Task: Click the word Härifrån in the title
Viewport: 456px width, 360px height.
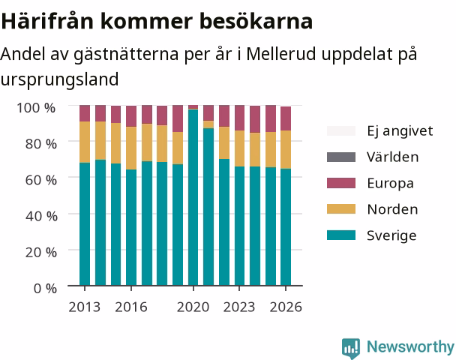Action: tap(47, 21)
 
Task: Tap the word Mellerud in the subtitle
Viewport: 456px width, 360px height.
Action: tap(281, 54)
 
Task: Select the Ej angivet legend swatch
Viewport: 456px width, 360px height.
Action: tap(341, 130)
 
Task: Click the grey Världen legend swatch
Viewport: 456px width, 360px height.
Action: tap(341, 157)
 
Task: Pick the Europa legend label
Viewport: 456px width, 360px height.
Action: tap(390, 184)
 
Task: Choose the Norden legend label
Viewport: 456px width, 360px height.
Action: tap(392, 209)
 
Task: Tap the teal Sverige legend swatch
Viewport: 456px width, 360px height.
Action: tap(341, 235)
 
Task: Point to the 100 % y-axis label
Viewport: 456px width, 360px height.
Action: tap(36, 108)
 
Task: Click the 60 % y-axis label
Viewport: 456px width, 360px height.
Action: tap(41, 180)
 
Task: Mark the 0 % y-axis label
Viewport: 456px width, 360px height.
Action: tap(45, 289)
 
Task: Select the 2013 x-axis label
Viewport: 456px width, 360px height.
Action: tap(84, 307)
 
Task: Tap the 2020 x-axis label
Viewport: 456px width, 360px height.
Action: tap(193, 307)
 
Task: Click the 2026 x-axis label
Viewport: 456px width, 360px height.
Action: tap(286, 307)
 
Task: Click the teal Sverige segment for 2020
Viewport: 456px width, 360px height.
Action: tap(193, 197)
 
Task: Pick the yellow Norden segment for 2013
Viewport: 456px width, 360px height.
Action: tap(85, 142)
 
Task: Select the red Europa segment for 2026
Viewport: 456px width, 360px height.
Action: tap(286, 118)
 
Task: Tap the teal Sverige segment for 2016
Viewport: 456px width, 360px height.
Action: tap(131, 227)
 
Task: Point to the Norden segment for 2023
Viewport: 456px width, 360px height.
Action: tap(240, 148)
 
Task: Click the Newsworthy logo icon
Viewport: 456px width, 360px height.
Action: tap(351, 348)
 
